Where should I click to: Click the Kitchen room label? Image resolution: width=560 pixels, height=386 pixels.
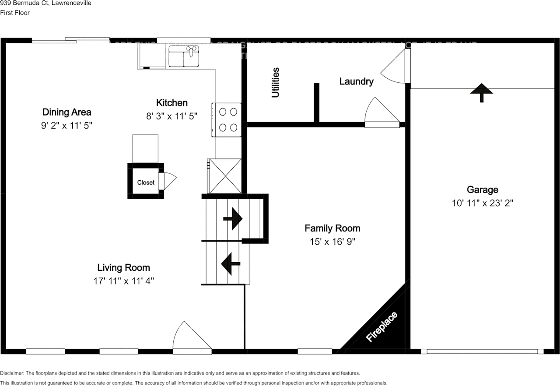coord(172,103)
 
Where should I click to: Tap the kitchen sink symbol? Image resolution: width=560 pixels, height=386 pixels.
coord(184,58)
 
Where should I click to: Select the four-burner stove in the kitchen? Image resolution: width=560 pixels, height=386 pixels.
coord(227,119)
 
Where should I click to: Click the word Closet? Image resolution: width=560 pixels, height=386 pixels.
coord(146,182)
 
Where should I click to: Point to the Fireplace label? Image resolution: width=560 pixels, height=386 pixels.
coord(382,327)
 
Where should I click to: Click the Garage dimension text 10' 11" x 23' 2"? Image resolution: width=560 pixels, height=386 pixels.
coord(483,203)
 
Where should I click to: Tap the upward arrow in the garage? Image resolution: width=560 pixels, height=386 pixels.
coord(482,92)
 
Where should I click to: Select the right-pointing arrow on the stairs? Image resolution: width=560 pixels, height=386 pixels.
coord(233,218)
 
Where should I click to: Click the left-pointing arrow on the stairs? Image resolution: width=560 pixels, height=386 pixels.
coord(231,264)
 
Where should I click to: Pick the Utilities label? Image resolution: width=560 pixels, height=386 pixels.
coord(275,82)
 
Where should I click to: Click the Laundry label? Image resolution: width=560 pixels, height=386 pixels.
coord(357,81)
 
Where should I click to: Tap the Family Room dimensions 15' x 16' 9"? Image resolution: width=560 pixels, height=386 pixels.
coord(332,242)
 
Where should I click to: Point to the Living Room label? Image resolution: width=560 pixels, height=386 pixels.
coord(123,267)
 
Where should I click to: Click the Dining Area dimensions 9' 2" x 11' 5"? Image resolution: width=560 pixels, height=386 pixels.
coord(66,125)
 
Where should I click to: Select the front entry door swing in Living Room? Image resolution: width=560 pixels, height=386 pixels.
coord(190,338)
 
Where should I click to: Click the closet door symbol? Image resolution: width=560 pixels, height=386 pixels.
coord(166,181)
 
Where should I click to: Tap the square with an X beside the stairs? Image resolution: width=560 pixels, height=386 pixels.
coord(225,176)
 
